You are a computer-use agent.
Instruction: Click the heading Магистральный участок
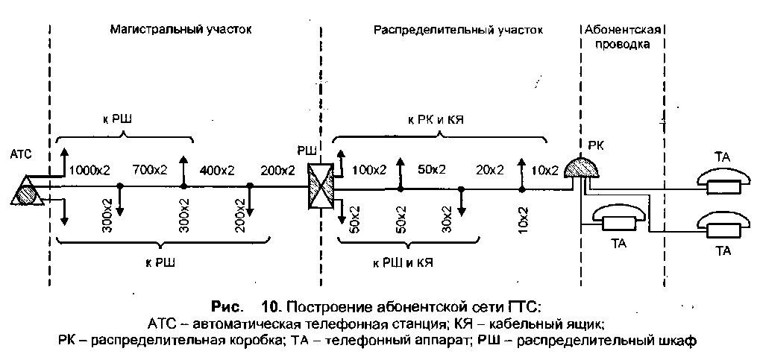click(x=181, y=31)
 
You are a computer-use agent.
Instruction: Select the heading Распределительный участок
click(x=458, y=31)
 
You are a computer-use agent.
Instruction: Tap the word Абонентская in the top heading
click(x=621, y=31)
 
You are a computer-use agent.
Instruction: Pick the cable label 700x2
click(x=149, y=170)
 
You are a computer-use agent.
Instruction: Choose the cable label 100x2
click(x=368, y=170)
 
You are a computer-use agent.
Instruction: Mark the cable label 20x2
click(x=490, y=170)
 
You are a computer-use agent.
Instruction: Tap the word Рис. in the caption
click(x=228, y=307)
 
